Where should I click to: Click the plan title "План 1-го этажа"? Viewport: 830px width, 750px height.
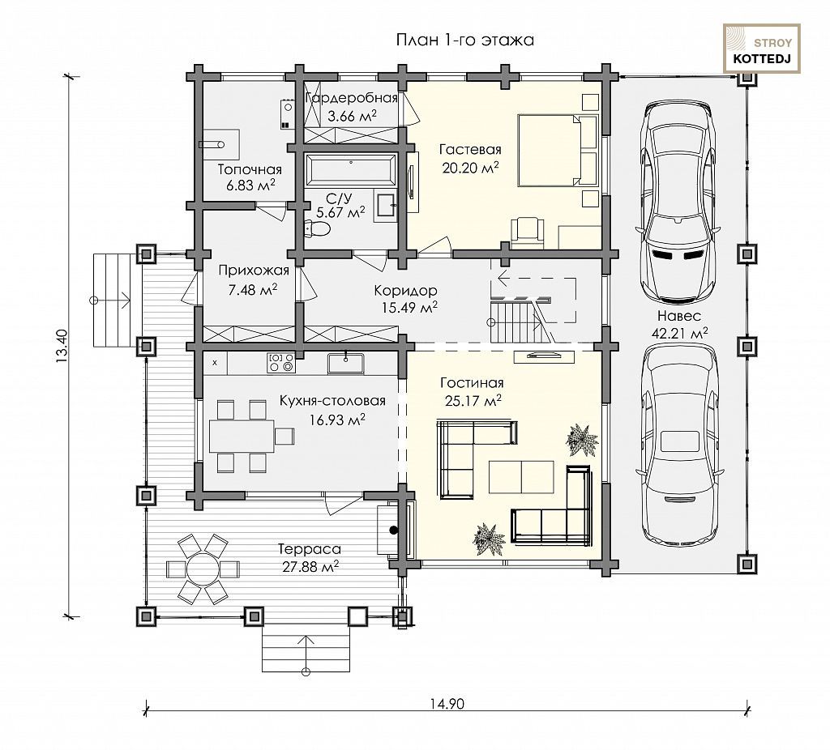point(464,40)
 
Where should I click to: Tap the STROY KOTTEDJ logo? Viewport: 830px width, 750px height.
point(762,49)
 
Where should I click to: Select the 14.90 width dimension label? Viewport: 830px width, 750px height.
point(447,704)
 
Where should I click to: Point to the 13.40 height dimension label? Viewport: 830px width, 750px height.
point(62,346)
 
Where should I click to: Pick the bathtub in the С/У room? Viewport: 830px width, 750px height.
point(350,170)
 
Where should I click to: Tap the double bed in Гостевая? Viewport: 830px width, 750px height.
point(558,150)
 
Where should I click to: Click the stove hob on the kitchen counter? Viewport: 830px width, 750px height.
point(281,361)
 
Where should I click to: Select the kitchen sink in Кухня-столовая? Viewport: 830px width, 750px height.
point(345,363)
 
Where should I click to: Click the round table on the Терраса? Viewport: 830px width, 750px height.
point(202,569)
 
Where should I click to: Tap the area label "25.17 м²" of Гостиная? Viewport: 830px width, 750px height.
point(473,401)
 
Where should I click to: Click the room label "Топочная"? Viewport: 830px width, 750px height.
point(250,170)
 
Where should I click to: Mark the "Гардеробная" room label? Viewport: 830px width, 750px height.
point(352,98)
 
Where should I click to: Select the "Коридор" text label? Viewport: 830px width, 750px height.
point(405,291)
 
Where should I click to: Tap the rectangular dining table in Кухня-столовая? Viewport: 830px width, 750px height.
point(242,436)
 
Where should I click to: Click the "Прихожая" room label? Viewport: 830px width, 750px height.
point(254,271)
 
